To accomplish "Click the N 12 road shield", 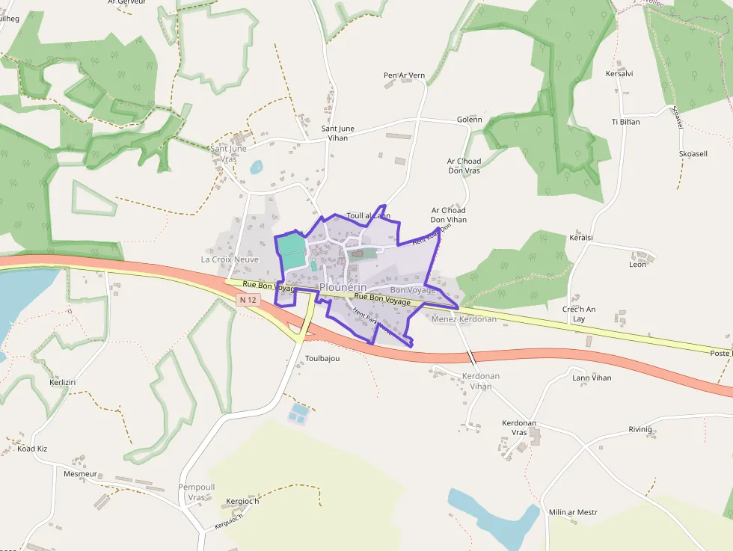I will pos(248,300).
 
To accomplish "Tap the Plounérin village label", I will pos(343,287).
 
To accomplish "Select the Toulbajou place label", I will pos(322,359).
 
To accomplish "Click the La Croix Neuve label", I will pos(230,259).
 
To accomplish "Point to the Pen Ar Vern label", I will pos(404,76).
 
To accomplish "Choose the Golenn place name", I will pos(469,120).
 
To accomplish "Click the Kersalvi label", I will pos(619,74).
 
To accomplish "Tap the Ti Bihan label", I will pos(625,122).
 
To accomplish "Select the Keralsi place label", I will pos(581,237).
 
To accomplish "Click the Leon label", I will pos(637,265).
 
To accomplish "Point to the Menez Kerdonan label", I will pos(464,319).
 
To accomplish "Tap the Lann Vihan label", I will pos(591,378).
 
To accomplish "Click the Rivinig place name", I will pos(640,430).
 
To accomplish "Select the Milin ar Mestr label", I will pos(573,512).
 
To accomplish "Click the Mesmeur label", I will pos(80,474).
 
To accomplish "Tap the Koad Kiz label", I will pos(32,449).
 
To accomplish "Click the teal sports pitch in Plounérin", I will pos(291,250).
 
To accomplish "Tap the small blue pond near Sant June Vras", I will pos(257,167).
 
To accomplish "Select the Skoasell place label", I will pos(693,153).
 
